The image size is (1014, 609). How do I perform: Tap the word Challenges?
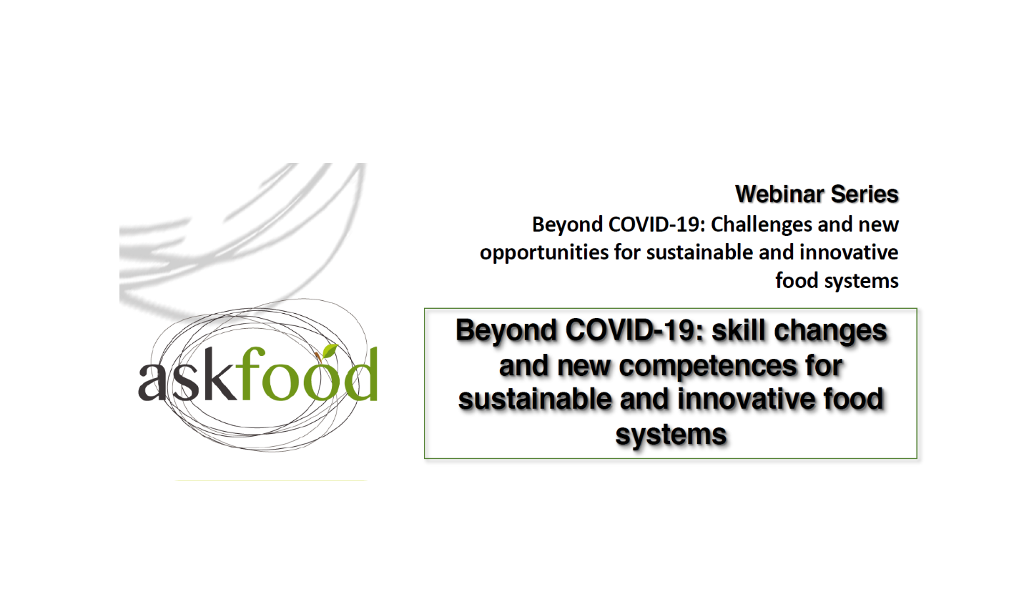pos(762,224)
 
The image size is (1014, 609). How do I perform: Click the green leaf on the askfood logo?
pos(329,351)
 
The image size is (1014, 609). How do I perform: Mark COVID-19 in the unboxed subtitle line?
pos(654,224)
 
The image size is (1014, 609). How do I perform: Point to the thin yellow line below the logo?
pos(270,481)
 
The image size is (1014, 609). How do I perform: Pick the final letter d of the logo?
pos(360,374)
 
